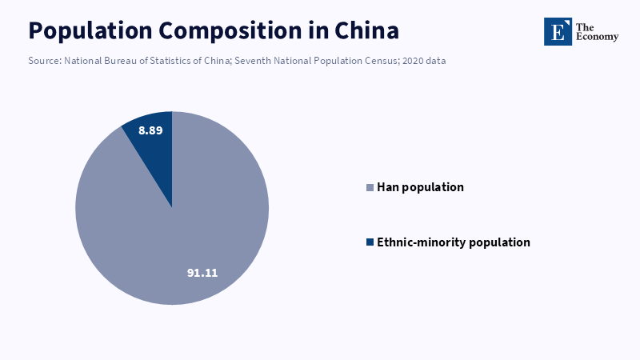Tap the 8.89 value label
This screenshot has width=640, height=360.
coord(150,130)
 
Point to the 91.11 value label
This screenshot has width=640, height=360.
coord(202,273)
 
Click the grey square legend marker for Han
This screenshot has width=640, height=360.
coord(370,188)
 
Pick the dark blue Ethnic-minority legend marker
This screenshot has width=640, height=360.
coord(370,242)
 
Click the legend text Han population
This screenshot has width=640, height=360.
coord(421,187)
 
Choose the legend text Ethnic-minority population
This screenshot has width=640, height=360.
coord(454,242)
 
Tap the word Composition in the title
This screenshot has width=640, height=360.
coord(230,31)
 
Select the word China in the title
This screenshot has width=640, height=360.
coord(366,30)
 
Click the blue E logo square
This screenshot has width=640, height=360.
coord(558,31)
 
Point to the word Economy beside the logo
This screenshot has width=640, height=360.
coord(597,37)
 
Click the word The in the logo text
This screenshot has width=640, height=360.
coord(585,27)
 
